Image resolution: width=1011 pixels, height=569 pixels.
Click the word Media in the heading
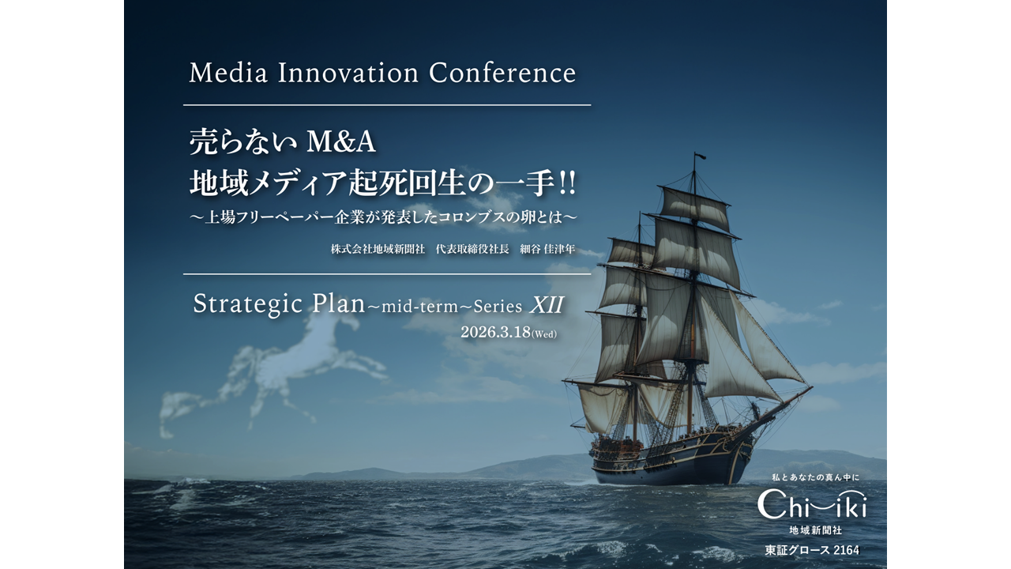(x=229, y=73)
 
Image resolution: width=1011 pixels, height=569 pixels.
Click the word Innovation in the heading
(x=348, y=73)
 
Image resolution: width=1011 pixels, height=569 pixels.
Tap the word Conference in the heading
(x=502, y=73)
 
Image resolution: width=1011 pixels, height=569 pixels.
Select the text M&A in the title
(x=340, y=142)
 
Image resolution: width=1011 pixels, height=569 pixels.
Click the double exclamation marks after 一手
(x=566, y=183)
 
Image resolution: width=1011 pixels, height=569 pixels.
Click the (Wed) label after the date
(x=544, y=334)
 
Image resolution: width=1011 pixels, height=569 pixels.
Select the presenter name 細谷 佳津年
(x=547, y=249)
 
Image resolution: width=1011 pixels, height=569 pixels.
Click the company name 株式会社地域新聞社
(x=378, y=249)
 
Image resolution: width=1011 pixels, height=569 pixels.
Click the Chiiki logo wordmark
(x=811, y=504)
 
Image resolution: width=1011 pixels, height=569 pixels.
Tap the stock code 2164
(x=845, y=549)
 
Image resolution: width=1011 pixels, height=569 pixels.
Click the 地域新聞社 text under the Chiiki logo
(x=814, y=529)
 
